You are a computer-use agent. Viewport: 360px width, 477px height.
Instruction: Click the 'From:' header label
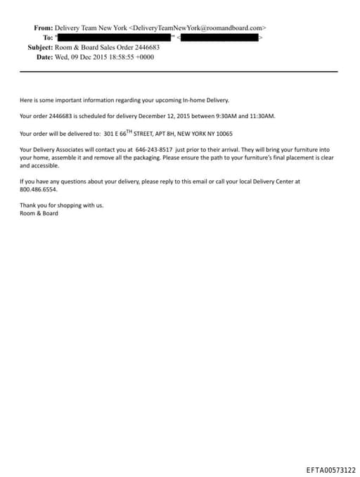(x=44, y=27)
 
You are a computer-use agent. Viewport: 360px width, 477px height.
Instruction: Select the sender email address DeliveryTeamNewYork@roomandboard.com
(x=198, y=27)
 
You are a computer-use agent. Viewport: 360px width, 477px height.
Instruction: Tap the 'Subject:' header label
(x=40, y=47)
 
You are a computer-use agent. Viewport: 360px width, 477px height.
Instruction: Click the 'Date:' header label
(x=46, y=57)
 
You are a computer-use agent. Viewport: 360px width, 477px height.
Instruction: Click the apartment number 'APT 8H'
(x=162, y=134)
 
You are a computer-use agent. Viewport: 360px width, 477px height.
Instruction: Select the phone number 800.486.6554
(x=39, y=189)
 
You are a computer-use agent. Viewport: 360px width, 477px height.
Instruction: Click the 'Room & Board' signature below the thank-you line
(x=39, y=213)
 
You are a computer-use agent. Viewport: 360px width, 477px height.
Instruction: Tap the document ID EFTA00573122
(x=330, y=469)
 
